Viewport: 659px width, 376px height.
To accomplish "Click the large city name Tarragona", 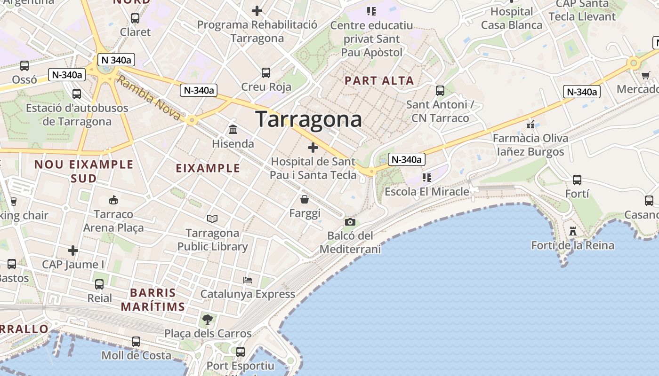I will [x=309, y=119].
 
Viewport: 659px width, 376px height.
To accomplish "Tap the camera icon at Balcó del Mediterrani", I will [x=350, y=222].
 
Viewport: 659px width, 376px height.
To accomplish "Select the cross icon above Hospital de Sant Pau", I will [x=313, y=148].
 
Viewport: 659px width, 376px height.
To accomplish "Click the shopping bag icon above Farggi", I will [x=305, y=200].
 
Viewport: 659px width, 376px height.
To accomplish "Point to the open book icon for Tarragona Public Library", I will [x=212, y=219].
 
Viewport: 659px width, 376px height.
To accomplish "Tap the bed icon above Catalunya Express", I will [x=248, y=280].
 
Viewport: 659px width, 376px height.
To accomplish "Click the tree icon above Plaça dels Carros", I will [x=207, y=320].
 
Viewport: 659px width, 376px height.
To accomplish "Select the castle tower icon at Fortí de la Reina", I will [x=572, y=231].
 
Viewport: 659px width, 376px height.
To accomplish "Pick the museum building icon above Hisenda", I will [x=233, y=129].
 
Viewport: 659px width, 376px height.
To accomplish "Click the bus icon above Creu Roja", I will [x=266, y=73].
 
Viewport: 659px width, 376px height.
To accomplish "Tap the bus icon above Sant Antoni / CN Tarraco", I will [x=440, y=91].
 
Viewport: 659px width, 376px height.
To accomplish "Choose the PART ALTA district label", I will [x=379, y=81].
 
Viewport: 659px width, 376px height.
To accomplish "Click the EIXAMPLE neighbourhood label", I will [x=208, y=168].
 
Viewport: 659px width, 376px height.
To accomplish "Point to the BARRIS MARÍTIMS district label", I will [x=153, y=300].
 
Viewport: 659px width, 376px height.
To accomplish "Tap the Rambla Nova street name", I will [x=148, y=98].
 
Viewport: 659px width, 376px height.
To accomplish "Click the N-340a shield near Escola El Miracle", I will [x=407, y=159].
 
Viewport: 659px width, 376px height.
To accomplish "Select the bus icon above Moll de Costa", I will [x=136, y=342].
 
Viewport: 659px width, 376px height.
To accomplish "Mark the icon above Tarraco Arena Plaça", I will [x=113, y=200].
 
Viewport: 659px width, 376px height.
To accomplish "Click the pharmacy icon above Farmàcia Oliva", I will [x=530, y=125].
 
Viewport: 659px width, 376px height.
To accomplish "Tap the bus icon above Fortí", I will [x=577, y=180].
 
